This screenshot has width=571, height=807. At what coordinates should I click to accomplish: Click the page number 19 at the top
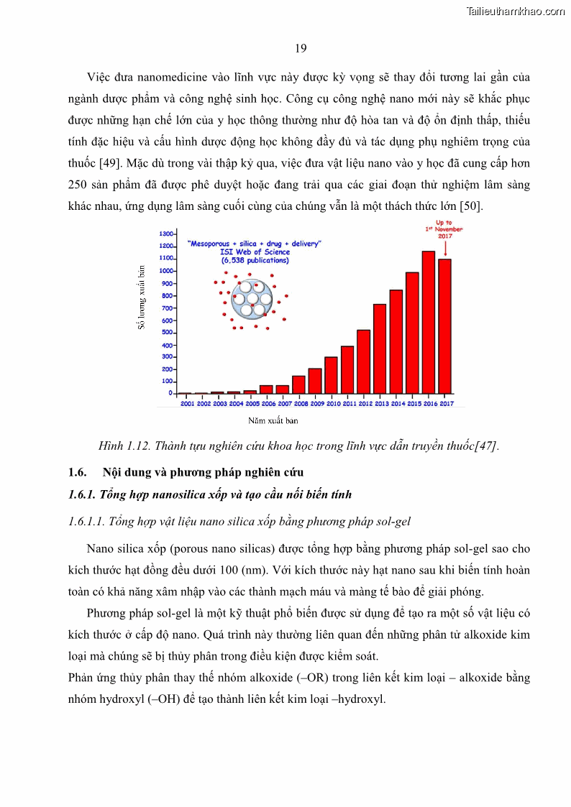coord(301,48)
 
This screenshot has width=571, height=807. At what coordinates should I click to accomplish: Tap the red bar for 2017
coord(445,326)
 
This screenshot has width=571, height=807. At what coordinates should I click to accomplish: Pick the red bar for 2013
coord(380,349)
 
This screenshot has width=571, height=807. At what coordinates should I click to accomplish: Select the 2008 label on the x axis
coord(299,405)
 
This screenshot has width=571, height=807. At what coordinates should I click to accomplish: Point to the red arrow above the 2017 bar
coord(445,248)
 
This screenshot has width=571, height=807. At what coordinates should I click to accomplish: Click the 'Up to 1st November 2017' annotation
coord(444,229)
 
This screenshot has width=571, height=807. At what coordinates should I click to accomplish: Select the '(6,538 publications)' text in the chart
coord(255,260)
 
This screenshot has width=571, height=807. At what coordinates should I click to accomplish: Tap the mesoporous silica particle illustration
coord(252,298)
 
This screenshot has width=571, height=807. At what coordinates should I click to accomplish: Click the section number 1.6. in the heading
coord(77,472)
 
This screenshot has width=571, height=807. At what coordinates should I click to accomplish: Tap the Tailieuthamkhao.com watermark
coord(515,11)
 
